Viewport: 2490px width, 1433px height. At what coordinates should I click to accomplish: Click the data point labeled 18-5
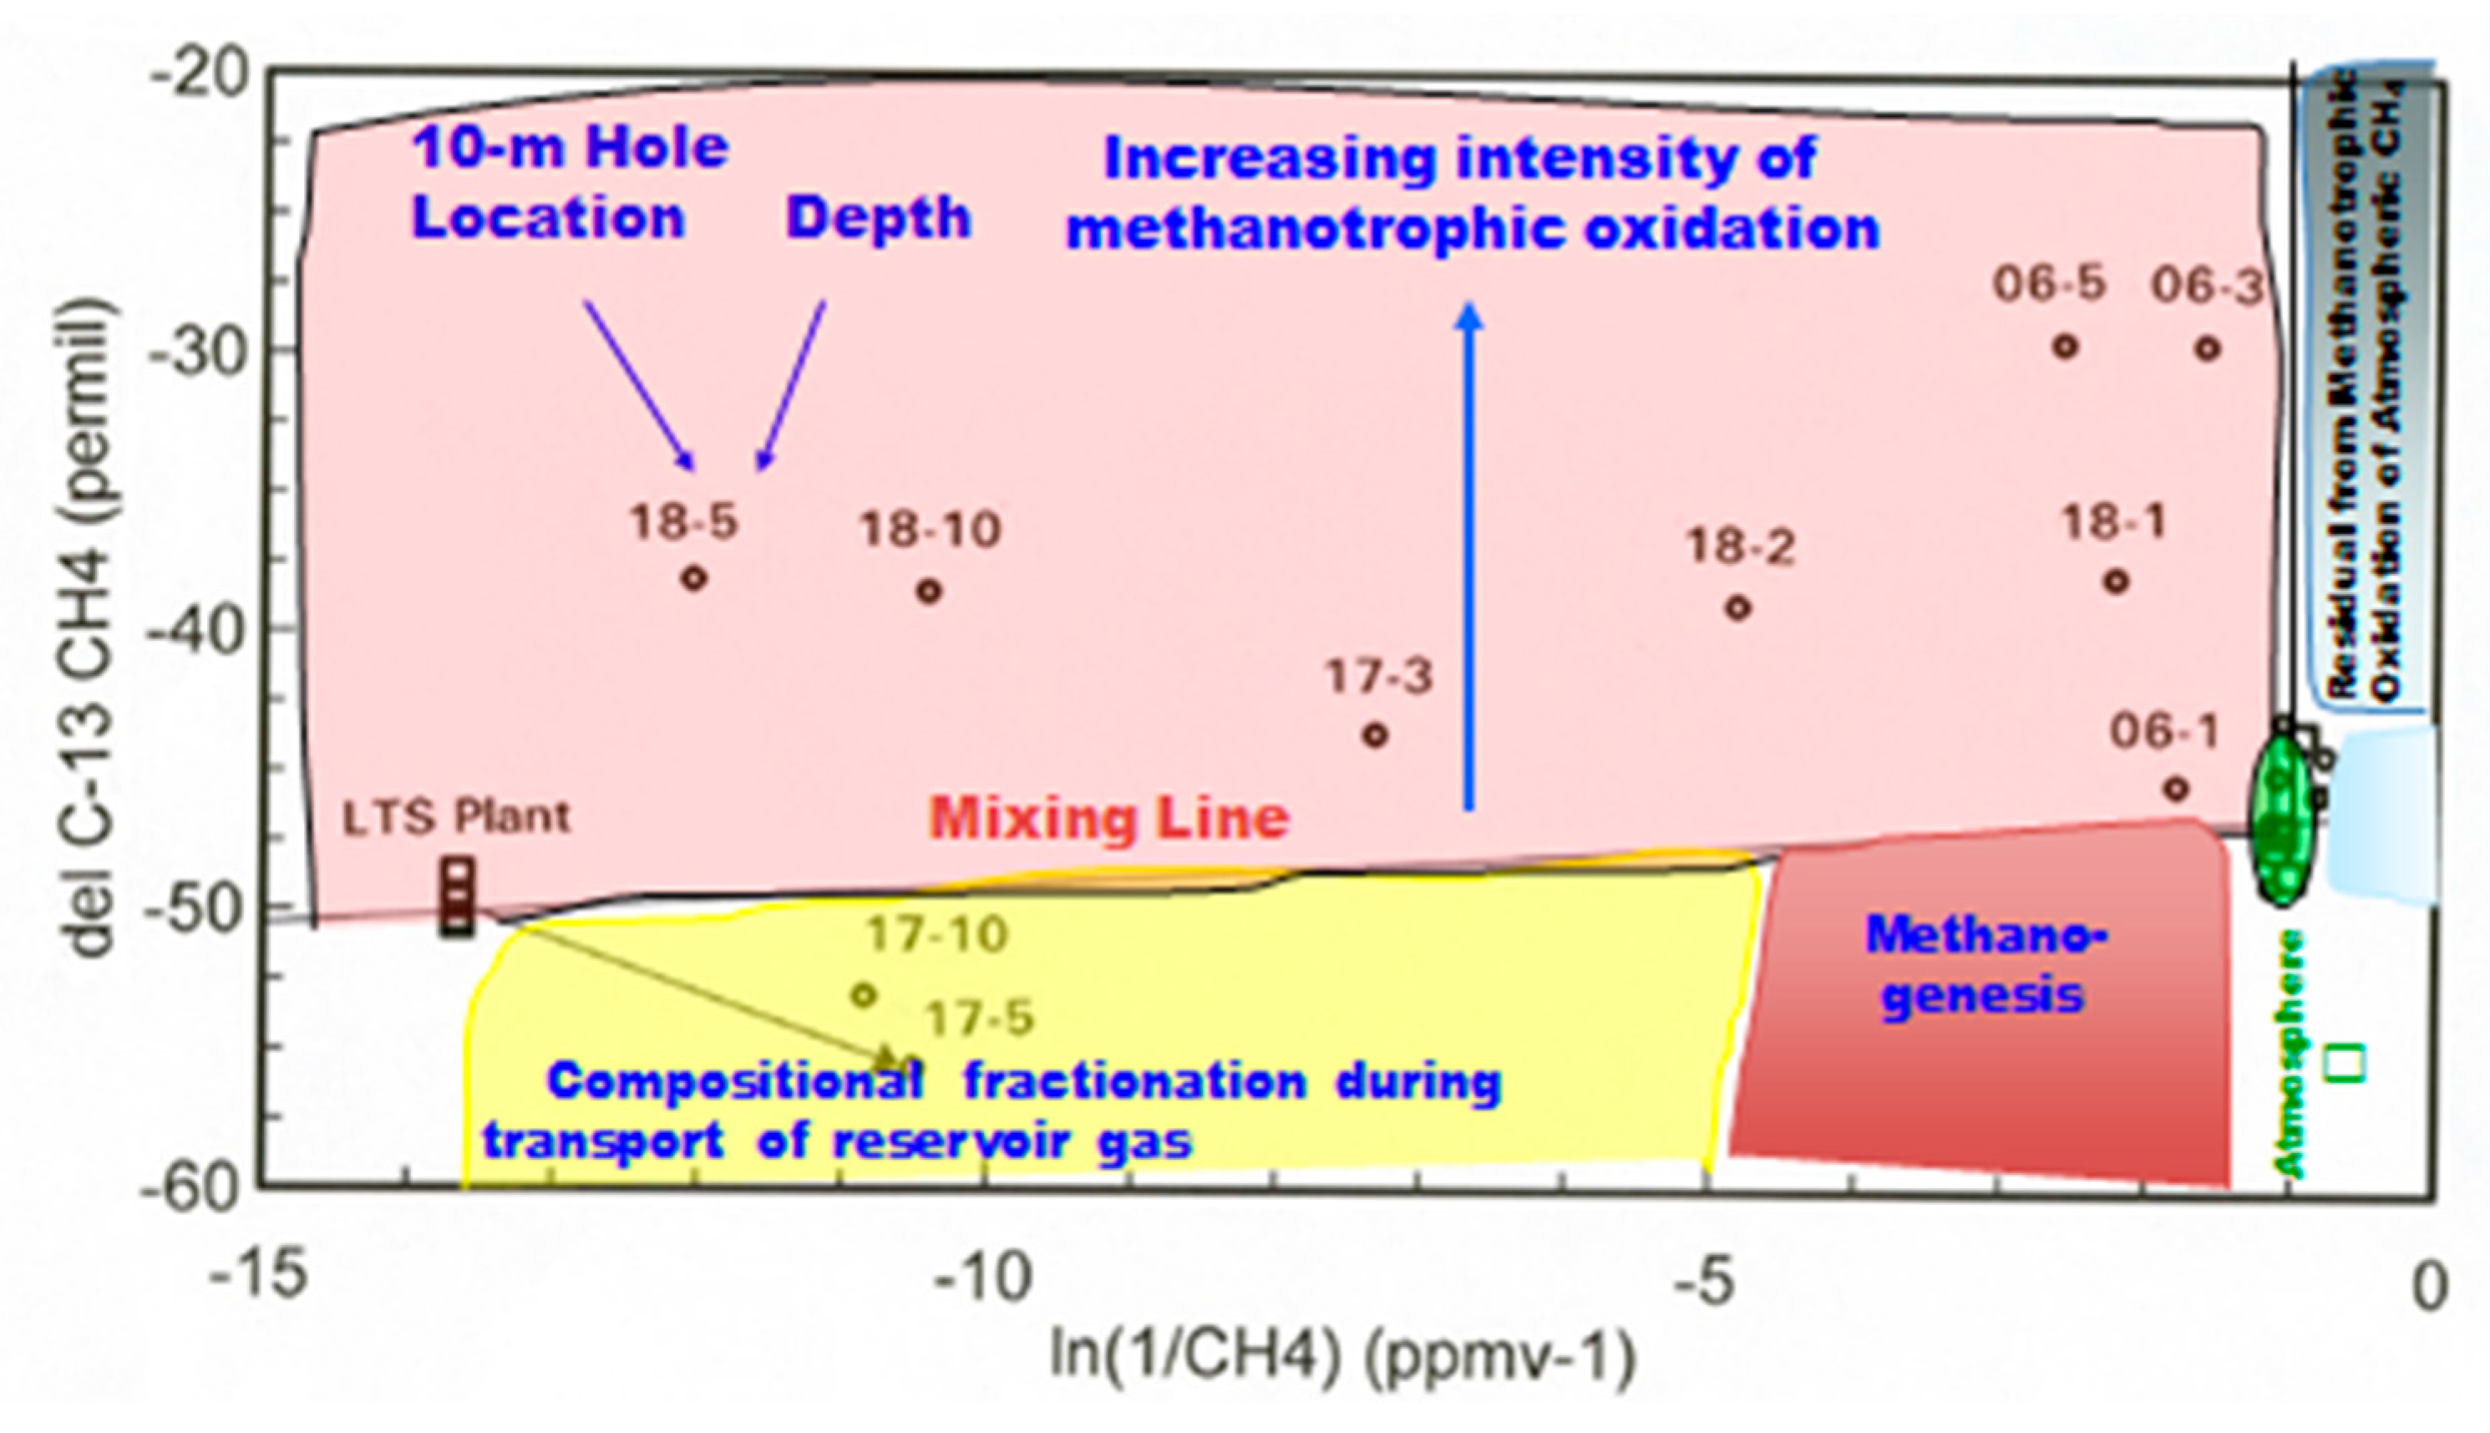pos(695,577)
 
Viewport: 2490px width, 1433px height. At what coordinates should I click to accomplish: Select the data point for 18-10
pos(929,592)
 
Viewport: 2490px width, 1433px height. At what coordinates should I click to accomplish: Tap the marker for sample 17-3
pos(1376,734)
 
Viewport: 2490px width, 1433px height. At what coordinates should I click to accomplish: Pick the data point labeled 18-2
pos(1738,607)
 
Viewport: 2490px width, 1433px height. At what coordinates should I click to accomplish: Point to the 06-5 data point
pos(2065,347)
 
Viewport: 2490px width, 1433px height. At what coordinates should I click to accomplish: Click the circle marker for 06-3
pos(2209,348)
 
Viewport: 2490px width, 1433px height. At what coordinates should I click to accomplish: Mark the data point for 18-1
pos(2116,582)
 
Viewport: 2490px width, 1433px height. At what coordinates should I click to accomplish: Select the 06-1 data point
pos(2176,788)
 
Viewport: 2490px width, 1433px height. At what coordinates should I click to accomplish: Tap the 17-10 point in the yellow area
pos(864,995)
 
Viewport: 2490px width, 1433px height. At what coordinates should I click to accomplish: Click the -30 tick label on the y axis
pos(197,350)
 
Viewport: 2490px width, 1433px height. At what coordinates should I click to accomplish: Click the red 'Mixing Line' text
pos(1108,819)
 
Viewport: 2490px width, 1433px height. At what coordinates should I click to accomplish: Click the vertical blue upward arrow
pos(1470,561)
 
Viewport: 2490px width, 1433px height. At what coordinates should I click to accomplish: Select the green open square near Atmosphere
pos(2345,1064)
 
